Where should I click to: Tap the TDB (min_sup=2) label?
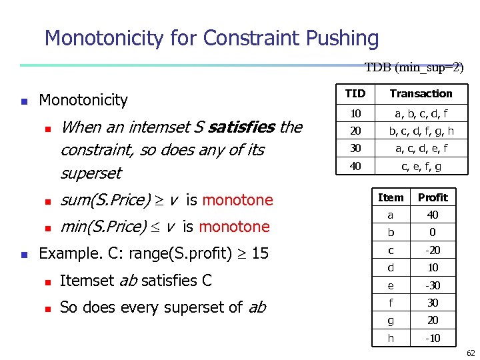(x=414, y=67)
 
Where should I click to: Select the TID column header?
(x=355, y=94)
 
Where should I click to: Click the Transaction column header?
(x=421, y=94)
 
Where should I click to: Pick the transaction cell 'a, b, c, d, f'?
(x=421, y=114)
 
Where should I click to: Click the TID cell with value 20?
(x=355, y=131)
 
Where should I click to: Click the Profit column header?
(x=433, y=197)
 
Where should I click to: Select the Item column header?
(x=391, y=197)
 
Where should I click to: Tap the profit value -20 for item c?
(x=433, y=250)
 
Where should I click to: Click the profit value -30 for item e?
(x=433, y=285)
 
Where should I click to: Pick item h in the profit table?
(x=391, y=338)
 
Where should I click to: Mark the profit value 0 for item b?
(x=433, y=233)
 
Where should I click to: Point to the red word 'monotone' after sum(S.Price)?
(x=237, y=200)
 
